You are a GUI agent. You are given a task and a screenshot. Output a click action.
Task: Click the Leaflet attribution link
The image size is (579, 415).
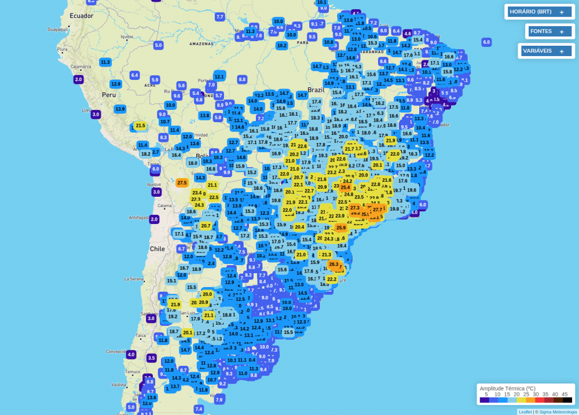[x=525, y=412]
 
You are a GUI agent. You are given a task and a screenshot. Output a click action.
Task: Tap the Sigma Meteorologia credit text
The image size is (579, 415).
[x=556, y=412]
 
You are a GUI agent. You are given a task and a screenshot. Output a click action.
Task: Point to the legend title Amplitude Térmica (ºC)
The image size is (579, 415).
[x=507, y=388]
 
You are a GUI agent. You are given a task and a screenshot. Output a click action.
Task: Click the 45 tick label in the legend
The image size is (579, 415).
[x=564, y=394]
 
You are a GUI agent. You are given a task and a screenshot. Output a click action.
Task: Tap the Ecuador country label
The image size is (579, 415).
[x=82, y=16]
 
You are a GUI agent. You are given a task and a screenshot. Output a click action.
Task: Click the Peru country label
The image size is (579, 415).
[x=109, y=94]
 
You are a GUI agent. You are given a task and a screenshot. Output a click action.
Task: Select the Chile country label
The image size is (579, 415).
[x=157, y=248]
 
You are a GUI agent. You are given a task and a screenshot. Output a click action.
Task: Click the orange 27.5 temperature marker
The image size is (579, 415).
[x=182, y=183]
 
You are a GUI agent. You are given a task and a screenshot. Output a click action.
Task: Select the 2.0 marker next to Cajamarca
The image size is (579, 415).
[x=79, y=79]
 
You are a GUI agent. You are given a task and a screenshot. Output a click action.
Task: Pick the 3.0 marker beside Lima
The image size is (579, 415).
[x=96, y=115]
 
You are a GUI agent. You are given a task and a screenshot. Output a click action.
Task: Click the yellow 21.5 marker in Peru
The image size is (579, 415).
[x=140, y=126]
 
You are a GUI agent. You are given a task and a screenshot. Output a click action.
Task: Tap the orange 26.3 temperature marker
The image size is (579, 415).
[x=334, y=265]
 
